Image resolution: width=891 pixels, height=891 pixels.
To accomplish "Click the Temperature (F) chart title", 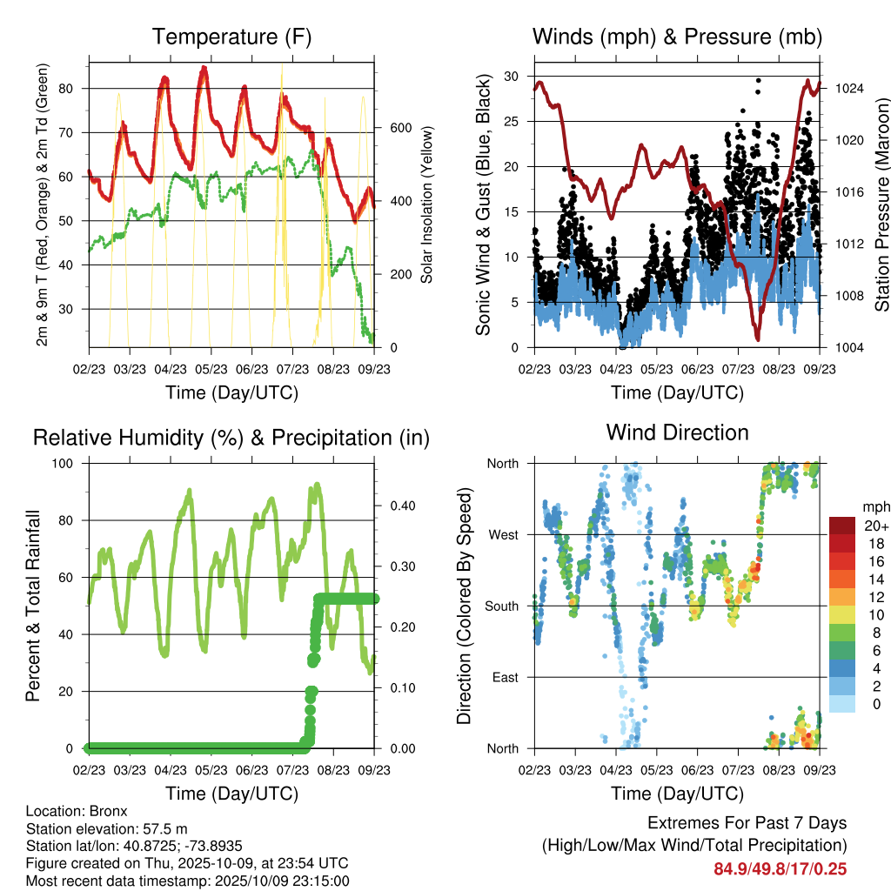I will (231, 37).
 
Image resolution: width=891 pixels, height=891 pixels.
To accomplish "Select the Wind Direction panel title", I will (677, 432).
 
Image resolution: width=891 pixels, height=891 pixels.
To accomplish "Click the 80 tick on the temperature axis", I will (75, 89).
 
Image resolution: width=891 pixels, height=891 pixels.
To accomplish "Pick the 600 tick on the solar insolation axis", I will (399, 128).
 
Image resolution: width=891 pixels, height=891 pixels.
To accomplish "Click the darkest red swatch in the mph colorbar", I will (841, 526).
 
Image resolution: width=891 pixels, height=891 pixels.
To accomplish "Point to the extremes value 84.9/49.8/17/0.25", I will (780, 868).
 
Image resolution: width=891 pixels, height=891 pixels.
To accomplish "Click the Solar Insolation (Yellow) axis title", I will (427, 204).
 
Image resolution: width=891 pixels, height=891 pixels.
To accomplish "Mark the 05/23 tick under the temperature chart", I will (211, 370).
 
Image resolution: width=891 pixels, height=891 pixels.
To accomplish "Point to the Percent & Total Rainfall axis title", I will (32, 606).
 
